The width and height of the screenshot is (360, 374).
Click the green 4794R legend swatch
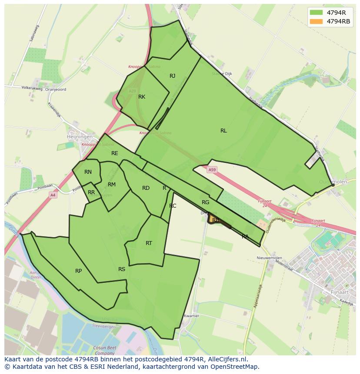click(x=316, y=13)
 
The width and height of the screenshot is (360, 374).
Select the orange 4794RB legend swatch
click(x=316, y=21)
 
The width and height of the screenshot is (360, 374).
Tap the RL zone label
click(x=223, y=130)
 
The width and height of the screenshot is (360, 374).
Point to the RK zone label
click(x=142, y=97)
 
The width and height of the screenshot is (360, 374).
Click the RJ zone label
click(x=173, y=76)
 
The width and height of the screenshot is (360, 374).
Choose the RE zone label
click(x=115, y=153)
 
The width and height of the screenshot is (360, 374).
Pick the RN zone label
click(x=88, y=172)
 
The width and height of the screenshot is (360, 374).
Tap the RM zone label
click(x=112, y=185)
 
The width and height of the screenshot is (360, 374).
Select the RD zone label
click(x=146, y=188)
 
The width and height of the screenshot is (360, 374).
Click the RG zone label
click(x=206, y=202)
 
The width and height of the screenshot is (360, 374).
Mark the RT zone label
click(x=149, y=243)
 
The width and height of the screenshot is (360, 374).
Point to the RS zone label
click(x=122, y=269)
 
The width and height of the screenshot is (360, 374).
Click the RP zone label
click(x=78, y=271)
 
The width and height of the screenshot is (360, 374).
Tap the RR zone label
click(x=91, y=192)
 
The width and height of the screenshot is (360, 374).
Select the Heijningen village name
click(x=80, y=136)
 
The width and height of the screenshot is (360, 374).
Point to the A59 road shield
click(x=212, y=169)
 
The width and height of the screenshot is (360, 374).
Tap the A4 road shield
click(x=53, y=195)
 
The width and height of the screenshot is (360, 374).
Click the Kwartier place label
click(x=191, y=316)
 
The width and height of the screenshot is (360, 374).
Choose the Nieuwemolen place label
click(x=269, y=258)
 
